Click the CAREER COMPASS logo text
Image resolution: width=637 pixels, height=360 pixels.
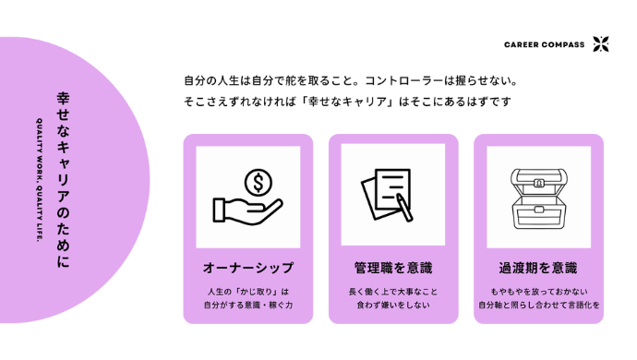pyautogui.click(x=544, y=44)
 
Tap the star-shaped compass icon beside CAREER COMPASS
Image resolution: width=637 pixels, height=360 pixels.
pyautogui.click(x=601, y=44)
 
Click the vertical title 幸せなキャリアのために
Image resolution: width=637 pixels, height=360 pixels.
pyautogui.click(x=63, y=179)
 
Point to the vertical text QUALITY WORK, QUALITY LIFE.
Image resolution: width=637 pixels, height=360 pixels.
pyautogui.click(x=41, y=179)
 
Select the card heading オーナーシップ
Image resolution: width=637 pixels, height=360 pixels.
pyautogui.click(x=247, y=269)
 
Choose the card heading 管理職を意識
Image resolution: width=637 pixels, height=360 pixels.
pyautogui.click(x=393, y=269)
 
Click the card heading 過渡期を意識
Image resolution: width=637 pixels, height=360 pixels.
pyautogui.click(x=538, y=269)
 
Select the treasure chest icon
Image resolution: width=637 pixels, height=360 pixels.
pyautogui.click(x=539, y=196)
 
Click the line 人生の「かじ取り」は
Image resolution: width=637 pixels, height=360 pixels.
pyautogui.click(x=247, y=292)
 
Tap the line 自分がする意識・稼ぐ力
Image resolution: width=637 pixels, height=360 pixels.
pyautogui.click(x=247, y=306)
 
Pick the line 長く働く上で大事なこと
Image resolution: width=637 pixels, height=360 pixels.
pyautogui.click(x=393, y=292)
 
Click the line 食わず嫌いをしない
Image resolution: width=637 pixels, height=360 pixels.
pyautogui.click(x=393, y=306)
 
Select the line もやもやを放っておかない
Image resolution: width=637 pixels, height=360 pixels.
pyautogui.click(x=538, y=292)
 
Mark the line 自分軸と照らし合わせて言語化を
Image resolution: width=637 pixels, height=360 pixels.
pyautogui.click(x=538, y=306)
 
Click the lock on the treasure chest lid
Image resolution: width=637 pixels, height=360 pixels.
pyautogui.click(x=539, y=182)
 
